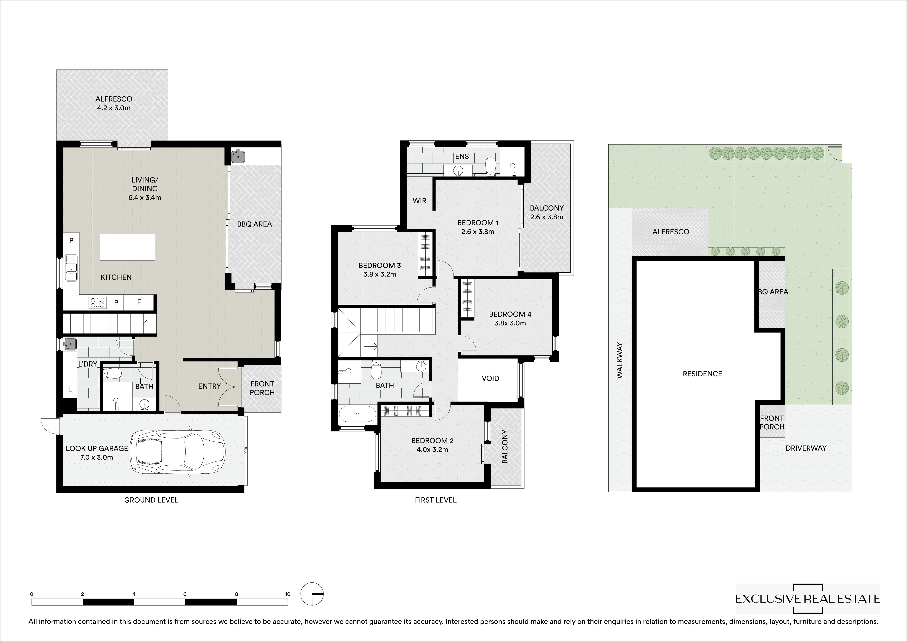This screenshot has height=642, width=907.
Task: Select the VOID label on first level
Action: [490, 378]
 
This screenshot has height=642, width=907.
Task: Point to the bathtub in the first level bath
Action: [357, 414]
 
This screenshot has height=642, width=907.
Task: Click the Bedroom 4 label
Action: [510, 314]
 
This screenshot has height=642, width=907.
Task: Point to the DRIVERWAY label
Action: [806, 448]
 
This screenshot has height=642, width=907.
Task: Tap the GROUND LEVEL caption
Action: [151, 500]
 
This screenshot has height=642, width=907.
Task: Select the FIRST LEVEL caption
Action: [435, 500]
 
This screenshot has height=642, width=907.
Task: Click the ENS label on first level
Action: [462, 157]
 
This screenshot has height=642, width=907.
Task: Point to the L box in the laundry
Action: [70, 389]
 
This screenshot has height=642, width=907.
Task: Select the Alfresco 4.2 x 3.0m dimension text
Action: [114, 108]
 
